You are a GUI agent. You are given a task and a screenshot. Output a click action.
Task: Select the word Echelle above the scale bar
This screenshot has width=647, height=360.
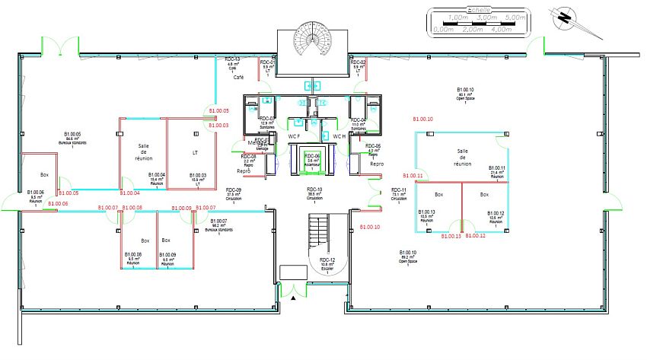[x=479, y=10]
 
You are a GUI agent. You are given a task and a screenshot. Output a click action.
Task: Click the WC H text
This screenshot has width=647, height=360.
[x=339, y=136]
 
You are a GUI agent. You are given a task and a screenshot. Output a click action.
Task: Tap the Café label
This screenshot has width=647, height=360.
[x=237, y=78]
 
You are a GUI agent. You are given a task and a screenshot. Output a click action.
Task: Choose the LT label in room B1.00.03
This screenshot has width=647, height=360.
[x=196, y=153]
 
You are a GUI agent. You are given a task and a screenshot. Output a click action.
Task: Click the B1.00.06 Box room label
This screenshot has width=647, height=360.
[x=36, y=196]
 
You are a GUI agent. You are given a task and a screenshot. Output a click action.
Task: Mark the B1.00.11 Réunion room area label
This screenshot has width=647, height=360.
[x=496, y=171]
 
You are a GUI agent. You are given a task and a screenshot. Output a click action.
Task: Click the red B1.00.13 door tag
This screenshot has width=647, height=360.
[x=448, y=236]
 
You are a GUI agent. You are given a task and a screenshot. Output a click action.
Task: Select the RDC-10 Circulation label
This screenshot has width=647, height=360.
[x=314, y=192]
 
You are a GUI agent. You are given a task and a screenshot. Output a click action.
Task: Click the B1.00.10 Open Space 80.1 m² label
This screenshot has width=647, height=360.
[x=465, y=94]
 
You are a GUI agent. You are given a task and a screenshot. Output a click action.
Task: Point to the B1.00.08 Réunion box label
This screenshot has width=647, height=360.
[x=133, y=258]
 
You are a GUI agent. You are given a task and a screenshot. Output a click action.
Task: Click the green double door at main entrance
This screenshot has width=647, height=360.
[x=292, y=289]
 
